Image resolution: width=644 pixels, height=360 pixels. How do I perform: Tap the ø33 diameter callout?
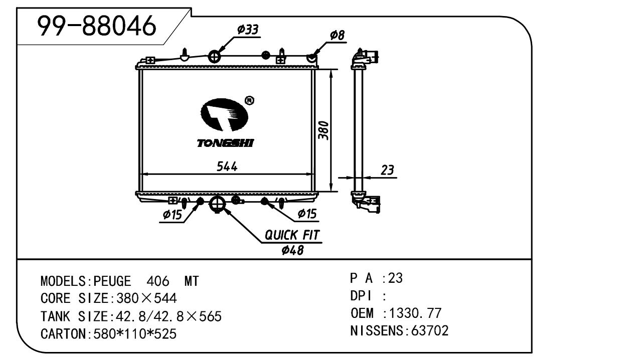248,30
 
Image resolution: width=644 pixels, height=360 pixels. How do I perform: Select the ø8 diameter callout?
337,35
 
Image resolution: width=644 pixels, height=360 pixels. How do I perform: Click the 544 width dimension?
227,166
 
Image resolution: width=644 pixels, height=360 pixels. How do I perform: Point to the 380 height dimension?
324,130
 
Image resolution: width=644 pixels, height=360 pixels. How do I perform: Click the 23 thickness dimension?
387,170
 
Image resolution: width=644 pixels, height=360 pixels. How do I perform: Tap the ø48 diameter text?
293,250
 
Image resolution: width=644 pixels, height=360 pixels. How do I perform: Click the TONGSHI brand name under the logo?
225,144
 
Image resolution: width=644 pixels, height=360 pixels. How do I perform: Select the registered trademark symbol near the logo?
249,101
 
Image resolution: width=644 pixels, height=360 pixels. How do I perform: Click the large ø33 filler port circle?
214,57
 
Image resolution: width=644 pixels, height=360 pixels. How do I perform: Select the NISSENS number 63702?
429,331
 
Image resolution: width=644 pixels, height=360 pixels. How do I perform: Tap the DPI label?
361,296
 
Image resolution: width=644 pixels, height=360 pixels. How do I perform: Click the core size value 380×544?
146,299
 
